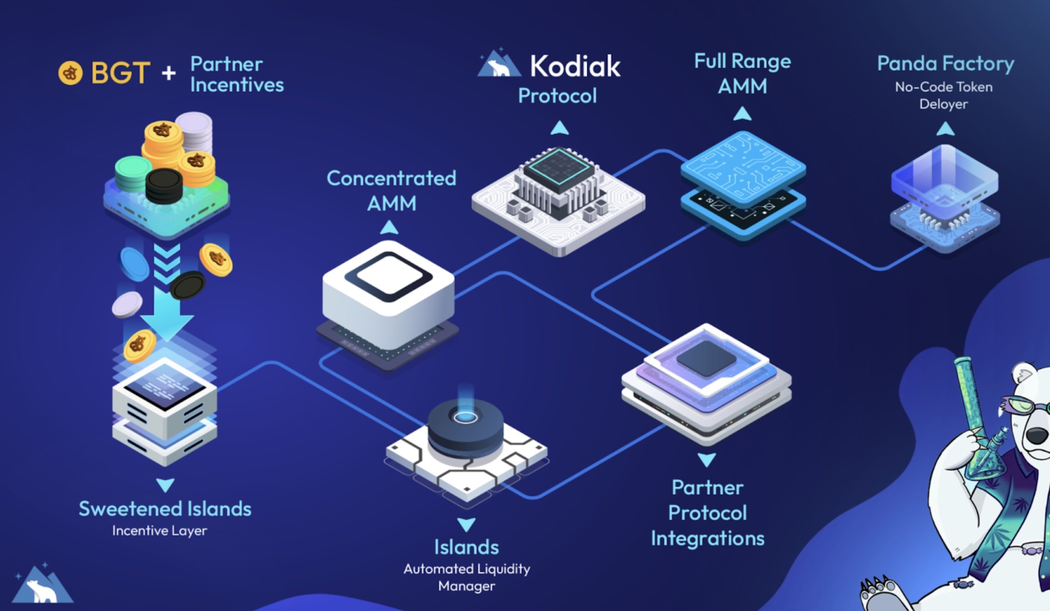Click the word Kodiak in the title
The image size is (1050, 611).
point(575,66)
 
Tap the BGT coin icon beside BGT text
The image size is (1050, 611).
point(70,73)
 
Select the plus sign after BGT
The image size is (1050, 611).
point(169,73)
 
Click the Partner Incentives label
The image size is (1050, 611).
point(236,74)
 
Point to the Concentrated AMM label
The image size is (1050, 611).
point(391,190)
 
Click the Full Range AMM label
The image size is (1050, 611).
point(742,73)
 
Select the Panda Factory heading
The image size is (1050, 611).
point(945,63)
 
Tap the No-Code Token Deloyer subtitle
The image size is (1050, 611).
point(944,95)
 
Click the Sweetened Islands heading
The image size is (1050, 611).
point(165,509)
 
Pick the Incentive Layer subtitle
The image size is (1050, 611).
point(160,531)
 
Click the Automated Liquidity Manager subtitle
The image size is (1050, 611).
point(467,577)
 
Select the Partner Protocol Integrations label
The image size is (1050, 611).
point(707,513)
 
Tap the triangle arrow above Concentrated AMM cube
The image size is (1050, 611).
point(389,227)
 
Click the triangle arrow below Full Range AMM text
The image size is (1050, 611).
point(742,113)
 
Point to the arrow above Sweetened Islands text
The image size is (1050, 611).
point(165,485)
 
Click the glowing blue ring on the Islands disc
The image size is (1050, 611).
point(465,417)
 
